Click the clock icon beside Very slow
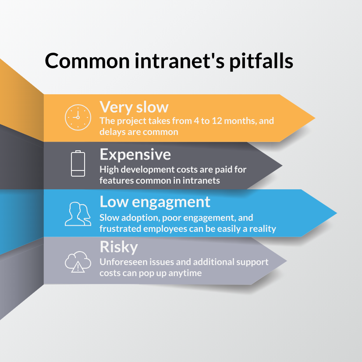coord(78,117)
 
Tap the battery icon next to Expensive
coord(78,163)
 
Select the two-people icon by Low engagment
coord(78,213)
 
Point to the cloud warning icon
coord(78,262)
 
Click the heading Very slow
coord(134,107)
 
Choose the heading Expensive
coord(135,154)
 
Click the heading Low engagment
coord(155,202)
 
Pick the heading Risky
coord(118,247)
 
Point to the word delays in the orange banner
coord(113,131)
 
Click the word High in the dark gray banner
coord(108,169)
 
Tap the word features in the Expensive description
coord(115,180)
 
